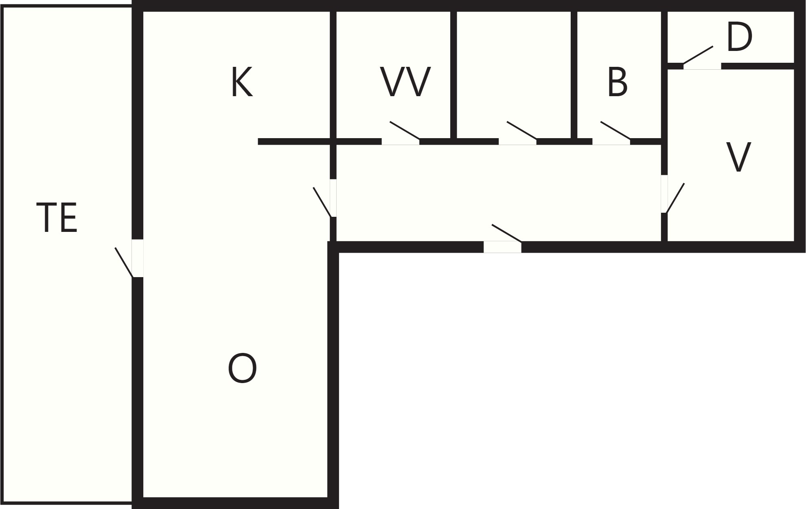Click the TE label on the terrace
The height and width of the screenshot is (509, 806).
click(57, 218)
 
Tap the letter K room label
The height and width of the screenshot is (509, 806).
click(242, 82)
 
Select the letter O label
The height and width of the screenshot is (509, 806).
click(242, 368)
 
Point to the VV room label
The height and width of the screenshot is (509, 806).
click(405, 82)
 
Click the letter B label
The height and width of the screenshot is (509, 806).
click(617, 82)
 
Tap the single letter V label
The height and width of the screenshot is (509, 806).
click(738, 157)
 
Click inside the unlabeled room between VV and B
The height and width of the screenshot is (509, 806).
click(515, 73)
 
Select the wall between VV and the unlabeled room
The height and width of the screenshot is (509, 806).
click(453, 75)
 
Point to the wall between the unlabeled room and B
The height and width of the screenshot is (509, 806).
click(574, 75)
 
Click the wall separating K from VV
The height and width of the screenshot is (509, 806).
click(333, 75)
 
